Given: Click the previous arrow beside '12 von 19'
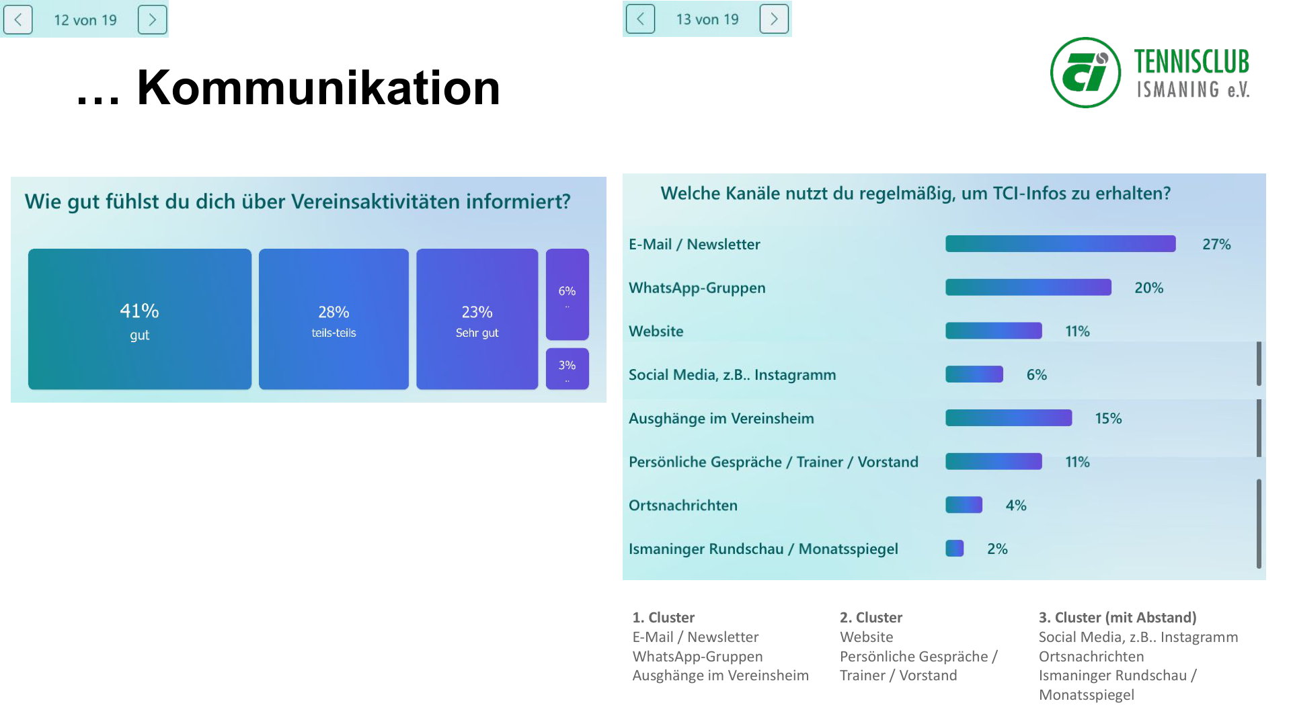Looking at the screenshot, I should coord(18,19).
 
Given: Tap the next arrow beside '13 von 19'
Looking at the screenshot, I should coord(773,19).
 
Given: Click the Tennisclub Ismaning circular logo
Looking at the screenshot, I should coord(1085,73).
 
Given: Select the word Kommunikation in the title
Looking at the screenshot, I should coord(318,88).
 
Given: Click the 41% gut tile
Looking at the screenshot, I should coord(140,319).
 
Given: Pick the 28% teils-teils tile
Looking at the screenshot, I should coord(334,319).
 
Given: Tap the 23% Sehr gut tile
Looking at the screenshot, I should coord(477,319).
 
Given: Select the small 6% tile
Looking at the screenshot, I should coord(567,294).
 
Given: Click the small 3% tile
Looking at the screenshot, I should coord(567,368).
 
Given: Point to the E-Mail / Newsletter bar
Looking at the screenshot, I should coord(1060,244).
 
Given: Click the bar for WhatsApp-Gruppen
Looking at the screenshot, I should coord(1028,288).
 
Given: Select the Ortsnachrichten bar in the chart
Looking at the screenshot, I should coord(964,505).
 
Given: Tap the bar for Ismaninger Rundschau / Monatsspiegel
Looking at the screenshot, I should coord(954,549).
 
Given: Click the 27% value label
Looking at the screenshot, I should coord(1216,244).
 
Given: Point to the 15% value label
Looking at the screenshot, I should coord(1108,418).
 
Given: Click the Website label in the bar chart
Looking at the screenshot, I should coord(656,331).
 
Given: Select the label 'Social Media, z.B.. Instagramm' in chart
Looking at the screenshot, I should coord(732,375).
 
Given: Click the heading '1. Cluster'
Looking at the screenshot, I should coord(663,617).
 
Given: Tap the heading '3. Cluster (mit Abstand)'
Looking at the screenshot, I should coord(1118,617).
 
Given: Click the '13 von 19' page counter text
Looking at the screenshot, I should coord(707,19).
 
